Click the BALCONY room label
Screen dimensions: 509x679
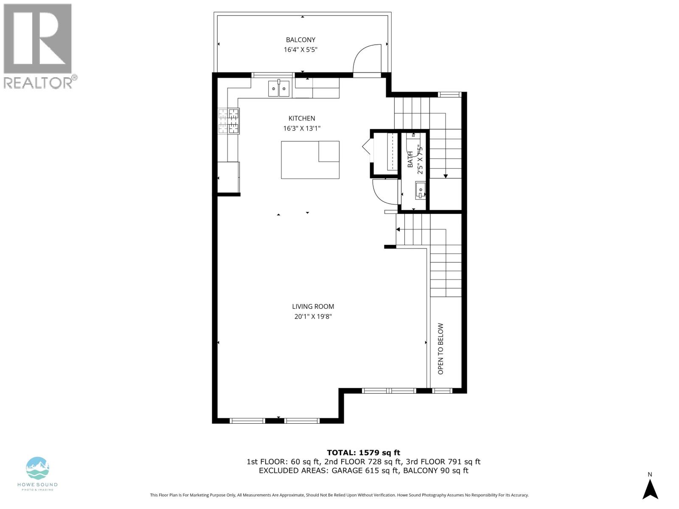[300, 40]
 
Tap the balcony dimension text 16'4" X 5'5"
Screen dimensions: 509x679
[300, 50]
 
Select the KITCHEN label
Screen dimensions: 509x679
[302, 118]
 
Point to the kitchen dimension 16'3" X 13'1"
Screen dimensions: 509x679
[302, 128]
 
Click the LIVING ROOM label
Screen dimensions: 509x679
[313, 306]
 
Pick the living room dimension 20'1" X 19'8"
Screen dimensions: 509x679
[313, 316]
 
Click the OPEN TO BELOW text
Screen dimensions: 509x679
[441, 349]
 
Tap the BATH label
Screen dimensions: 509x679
[410, 159]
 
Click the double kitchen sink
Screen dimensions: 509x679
[279, 89]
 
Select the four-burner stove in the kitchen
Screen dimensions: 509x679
[229, 121]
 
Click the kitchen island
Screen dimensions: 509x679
[310, 160]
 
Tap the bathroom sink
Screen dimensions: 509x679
[420, 190]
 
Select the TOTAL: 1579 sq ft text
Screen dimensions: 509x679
[363, 453]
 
